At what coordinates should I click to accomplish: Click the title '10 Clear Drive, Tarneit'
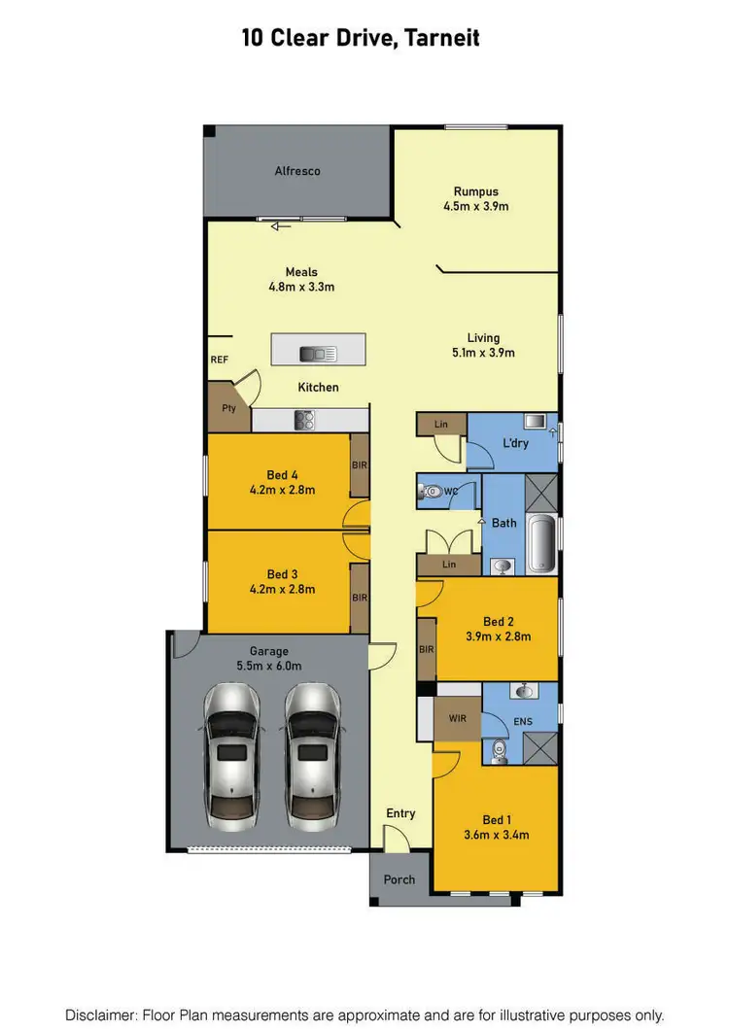click(x=361, y=39)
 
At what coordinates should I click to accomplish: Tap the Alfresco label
click(x=297, y=171)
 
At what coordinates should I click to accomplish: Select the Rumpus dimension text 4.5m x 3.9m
click(x=476, y=206)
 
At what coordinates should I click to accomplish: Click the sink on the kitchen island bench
click(x=318, y=354)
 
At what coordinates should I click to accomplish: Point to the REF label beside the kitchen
click(x=219, y=361)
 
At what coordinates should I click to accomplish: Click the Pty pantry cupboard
click(x=228, y=409)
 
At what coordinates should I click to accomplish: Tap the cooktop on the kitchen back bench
click(x=303, y=421)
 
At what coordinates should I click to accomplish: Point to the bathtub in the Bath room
click(x=539, y=546)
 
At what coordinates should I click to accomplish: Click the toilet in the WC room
click(x=429, y=493)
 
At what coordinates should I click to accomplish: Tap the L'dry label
click(x=515, y=443)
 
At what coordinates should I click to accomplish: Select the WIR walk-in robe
click(x=459, y=720)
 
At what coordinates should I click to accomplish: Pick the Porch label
click(x=399, y=880)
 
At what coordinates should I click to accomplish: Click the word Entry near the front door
click(x=400, y=813)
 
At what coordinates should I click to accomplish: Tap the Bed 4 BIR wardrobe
click(x=359, y=466)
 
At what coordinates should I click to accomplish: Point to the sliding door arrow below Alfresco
click(x=282, y=226)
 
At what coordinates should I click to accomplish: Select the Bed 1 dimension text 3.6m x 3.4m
click(x=496, y=835)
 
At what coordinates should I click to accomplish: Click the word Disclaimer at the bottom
click(x=101, y=1014)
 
